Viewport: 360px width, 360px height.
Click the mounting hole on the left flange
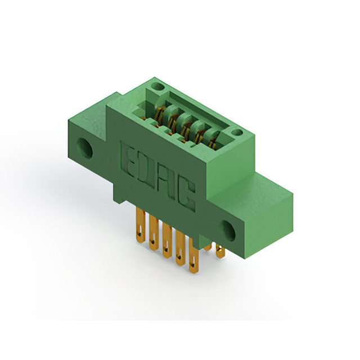pos(85,148)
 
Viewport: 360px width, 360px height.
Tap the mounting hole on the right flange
pos(228,231)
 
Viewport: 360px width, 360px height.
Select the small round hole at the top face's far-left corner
pos(157,87)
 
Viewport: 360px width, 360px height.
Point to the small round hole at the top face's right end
pos(237,133)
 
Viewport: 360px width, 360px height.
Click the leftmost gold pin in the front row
pos(140,224)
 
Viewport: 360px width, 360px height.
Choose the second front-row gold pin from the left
pos(154,232)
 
